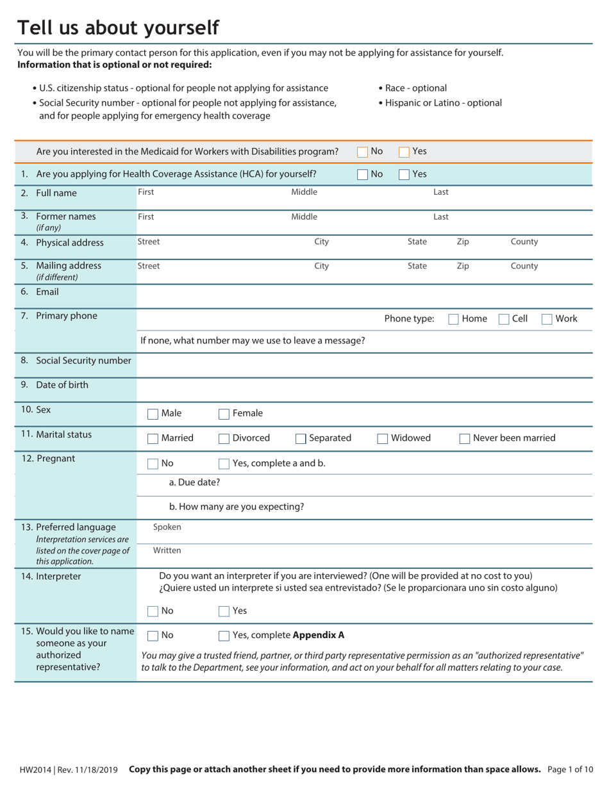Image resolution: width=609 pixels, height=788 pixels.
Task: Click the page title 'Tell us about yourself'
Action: point(118,28)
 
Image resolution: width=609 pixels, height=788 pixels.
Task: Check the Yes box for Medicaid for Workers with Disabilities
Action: point(404,152)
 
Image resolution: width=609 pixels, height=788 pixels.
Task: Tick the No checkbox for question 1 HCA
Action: point(362,174)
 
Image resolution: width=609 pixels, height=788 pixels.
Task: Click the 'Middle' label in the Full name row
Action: point(304,192)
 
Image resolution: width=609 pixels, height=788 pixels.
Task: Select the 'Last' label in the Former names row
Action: point(440,217)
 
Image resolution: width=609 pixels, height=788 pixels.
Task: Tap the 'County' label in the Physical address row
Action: point(524,242)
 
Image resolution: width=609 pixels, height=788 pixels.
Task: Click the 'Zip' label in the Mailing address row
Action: point(462,266)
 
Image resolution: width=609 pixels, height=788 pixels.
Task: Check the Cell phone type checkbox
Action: point(504,319)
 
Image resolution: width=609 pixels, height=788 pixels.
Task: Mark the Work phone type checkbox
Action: point(547,319)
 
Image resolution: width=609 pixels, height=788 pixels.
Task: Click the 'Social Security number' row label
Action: point(83,361)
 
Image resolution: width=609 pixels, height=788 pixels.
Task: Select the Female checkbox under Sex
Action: point(224,414)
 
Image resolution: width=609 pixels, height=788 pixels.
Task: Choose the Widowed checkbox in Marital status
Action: point(382,439)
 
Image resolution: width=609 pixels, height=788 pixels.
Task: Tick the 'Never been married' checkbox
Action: point(465,439)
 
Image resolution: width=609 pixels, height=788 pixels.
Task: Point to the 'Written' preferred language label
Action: point(167,550)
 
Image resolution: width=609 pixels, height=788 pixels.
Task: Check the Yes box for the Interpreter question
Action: point(224,611)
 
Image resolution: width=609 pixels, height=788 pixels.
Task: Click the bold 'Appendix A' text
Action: point(318,635)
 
